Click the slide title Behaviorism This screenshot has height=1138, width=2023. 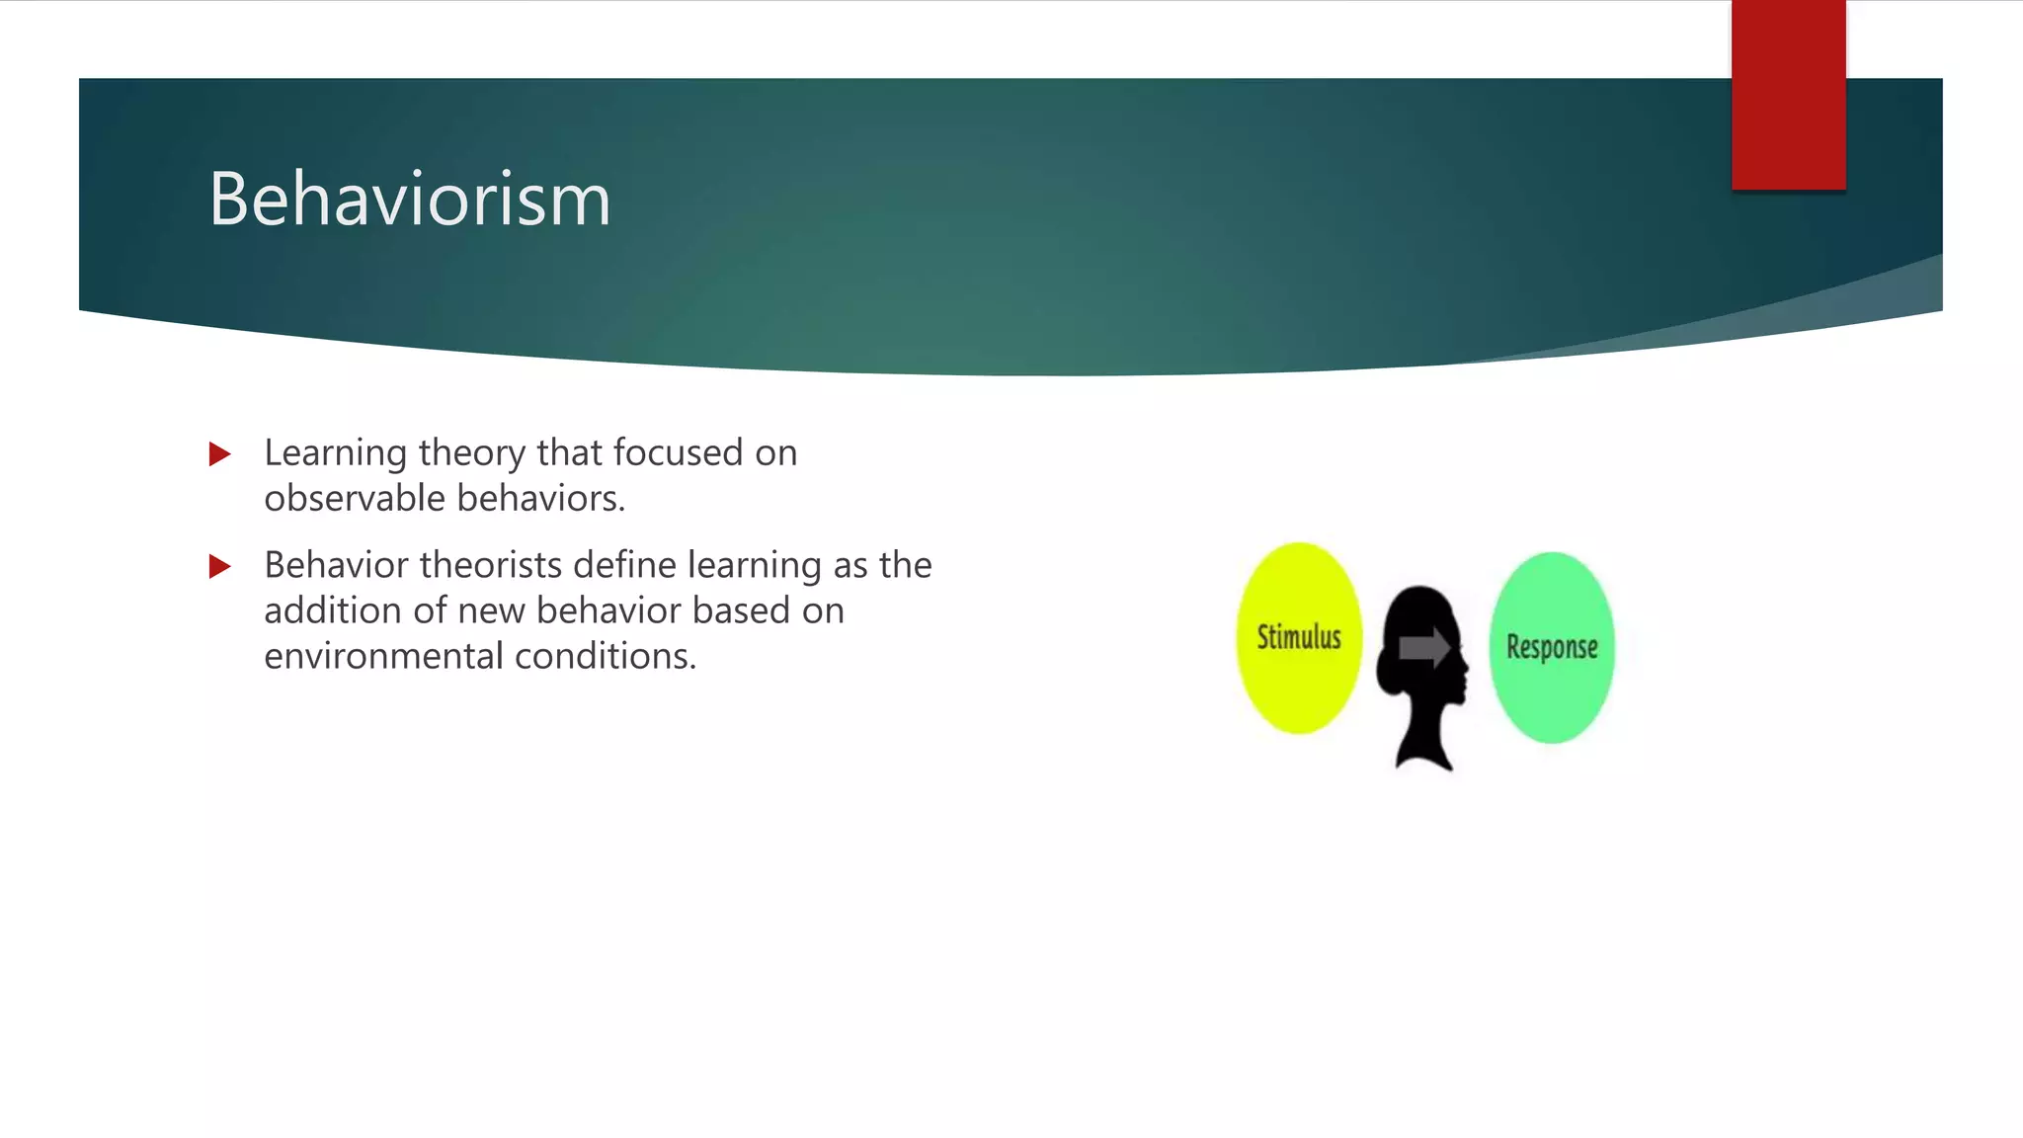click(410, 200)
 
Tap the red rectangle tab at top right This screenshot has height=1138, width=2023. click(1788, 94)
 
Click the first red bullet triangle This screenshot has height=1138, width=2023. click(219, 454)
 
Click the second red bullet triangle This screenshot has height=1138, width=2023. click(219, 567)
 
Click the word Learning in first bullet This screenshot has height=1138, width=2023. click(335, 453)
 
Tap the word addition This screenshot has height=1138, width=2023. click(333, 611)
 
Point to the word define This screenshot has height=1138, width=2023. click(625, 566)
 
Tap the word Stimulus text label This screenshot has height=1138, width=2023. click(1299, 637)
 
